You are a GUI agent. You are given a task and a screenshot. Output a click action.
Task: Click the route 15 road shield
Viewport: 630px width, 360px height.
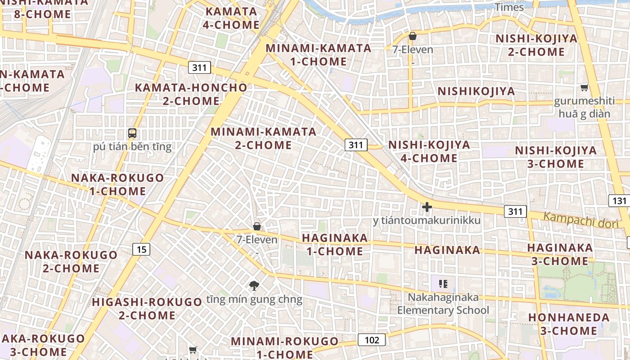141,249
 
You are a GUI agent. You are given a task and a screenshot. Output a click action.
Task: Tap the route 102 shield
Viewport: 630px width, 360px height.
372,340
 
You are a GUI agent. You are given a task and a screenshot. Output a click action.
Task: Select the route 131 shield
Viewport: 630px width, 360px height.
619,201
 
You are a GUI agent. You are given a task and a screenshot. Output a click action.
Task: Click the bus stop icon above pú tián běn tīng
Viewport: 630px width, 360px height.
132,133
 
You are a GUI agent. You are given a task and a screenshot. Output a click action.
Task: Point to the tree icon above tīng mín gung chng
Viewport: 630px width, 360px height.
254,285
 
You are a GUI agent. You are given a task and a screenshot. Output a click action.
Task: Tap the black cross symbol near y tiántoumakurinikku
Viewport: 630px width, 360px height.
427,207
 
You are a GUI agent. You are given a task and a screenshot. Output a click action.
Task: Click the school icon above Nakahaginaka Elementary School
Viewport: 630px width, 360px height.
443,283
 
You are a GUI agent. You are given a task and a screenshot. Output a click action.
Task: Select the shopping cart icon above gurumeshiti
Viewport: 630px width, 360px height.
584,87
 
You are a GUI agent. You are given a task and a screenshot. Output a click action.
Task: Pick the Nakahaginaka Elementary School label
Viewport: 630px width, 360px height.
443,304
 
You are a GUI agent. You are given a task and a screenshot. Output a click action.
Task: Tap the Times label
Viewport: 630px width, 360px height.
509,7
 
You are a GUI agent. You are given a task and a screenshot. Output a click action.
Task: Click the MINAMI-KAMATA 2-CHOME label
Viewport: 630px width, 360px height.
264,138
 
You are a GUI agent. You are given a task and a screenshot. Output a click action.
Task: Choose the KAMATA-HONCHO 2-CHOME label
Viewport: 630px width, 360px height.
191,94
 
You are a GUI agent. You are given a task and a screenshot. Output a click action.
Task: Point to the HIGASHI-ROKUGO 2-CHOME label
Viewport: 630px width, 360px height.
147,308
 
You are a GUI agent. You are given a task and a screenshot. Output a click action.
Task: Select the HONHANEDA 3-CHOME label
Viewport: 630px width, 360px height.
569,324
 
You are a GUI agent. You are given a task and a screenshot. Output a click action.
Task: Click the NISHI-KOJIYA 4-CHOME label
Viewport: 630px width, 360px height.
429,151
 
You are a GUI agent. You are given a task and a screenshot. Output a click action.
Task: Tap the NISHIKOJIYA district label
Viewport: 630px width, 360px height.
476,91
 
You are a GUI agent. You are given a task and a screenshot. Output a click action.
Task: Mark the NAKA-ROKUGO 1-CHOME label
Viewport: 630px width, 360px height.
117,184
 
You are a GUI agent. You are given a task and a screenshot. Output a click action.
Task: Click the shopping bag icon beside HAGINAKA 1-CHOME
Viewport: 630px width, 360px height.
256,226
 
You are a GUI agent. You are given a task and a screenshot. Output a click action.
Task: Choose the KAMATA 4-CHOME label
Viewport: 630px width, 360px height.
231,18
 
